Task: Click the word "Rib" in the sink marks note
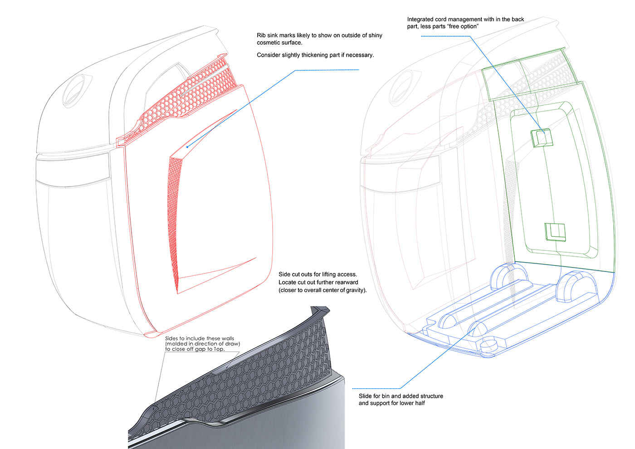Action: pos(261,35)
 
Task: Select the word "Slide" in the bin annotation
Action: pos(365,396)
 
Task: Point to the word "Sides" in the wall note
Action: pos(171,338)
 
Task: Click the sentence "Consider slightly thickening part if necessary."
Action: pos(315,55)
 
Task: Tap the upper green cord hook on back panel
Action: pos(542,137)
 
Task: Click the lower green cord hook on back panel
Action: pos(555,232)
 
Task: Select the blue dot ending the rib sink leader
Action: pos(187,146)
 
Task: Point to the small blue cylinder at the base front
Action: pos(489,345)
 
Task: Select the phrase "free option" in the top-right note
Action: pos(463,26)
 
